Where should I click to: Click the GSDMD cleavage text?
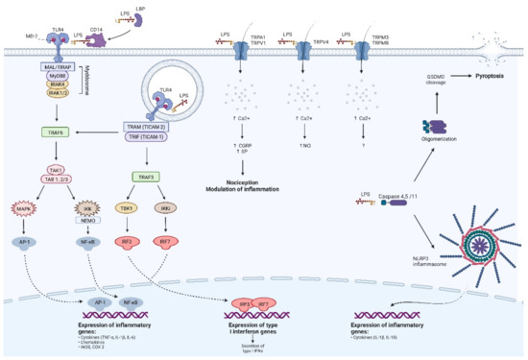(437, 77)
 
